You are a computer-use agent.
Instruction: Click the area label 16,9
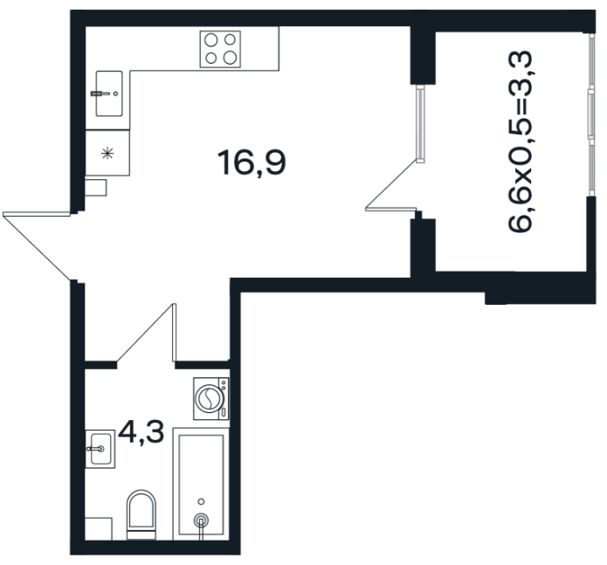pos(252,163)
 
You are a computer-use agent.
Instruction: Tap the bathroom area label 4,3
pos(141,432)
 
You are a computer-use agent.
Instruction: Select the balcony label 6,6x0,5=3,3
pos(520,141)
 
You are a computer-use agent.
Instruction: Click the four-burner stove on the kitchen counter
pos(220,49)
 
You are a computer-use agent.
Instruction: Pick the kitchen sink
pos(109,93)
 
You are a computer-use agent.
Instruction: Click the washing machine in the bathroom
pos(211,398)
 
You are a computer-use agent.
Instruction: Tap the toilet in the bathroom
pos(141,514)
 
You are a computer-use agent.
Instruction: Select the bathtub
pos(201,484)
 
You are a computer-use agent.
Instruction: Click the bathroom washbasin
pos(100,449)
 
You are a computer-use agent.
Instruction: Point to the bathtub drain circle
pos(201,520)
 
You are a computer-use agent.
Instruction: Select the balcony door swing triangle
pos(391,186)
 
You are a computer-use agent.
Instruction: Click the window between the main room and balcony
pos(420,123)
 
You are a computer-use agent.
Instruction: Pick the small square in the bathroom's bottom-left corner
pos(99,528)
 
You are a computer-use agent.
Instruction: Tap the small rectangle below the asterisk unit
pos(95,188)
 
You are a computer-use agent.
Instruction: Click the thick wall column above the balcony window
pos(423,55)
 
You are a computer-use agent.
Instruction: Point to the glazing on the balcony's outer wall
pos(590,115)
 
